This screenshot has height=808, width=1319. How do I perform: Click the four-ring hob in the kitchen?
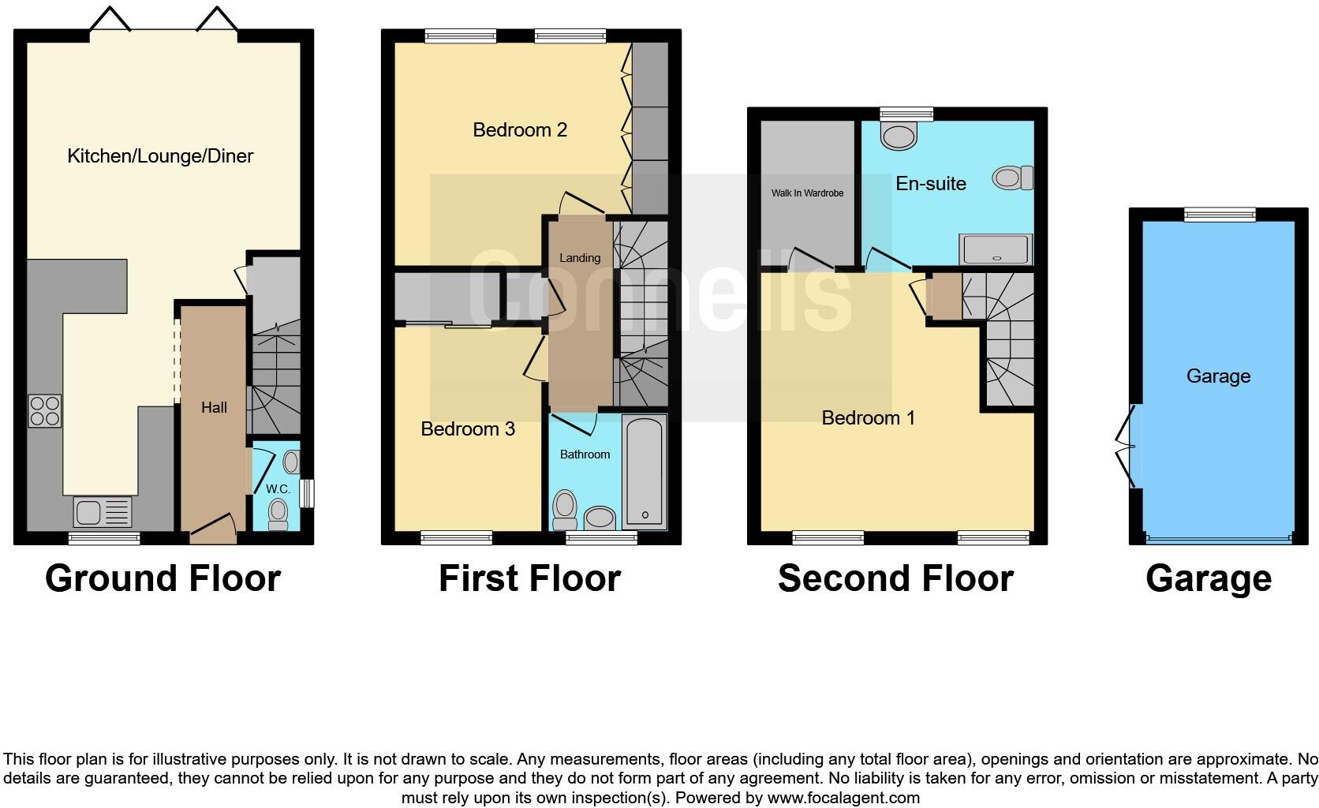pyautogui.click(x=45, y=410)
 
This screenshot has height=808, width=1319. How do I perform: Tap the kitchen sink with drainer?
pyautogui.click(x=103, y=511)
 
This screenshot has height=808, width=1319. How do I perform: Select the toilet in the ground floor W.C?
pyautogui.click(x=278, y=514)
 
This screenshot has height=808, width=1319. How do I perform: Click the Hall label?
pyautogui.click(x=214, y=407)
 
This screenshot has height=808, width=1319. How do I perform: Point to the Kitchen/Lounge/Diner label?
pyautogui.click(x=160, y=155)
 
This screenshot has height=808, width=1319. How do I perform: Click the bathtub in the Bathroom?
pyautogui.click(x=645, y=473)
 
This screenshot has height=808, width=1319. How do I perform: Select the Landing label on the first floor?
pyautogui.click(x=580, y=257)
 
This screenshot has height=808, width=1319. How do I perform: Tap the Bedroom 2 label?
pyautogui.click(x=520, y=129)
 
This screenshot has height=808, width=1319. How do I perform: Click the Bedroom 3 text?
pyautogui.click(x=468, y=428)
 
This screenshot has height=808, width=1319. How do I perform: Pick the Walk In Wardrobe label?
pyautogui.click(x=807, y=193)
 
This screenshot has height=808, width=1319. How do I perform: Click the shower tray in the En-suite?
pyautogui.click(x=996, y=249)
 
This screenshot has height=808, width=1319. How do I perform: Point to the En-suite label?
pyautogui.click(x=931, y=183)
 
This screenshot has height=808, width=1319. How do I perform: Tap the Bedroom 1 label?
pyautogui.click(x=869, y=417)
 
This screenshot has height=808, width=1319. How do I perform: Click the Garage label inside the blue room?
pyautogui.click(x=1218, y=376)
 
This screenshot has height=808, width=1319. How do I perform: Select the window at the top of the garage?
pyautogui.click(x=1220, y=213)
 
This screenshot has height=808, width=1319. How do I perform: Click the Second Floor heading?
pyautogui.click(x=895, y=578)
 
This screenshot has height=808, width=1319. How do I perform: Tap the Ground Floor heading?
pyautogui.click(x=163, y=578)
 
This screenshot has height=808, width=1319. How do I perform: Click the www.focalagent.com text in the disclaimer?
pyautogui.click(x=843, y=797)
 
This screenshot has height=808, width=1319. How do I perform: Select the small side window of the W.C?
pyautogui.click(x=308, y=493)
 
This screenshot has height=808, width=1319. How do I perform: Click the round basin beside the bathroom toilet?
pyautogui.click(x=600, y=518)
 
